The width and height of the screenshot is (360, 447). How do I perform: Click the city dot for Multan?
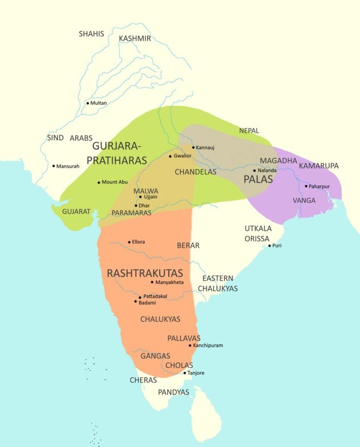click(87, 103)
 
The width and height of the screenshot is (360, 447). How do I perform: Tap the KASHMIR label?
click(135, 38)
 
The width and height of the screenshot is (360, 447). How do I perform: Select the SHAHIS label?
click(91, 34)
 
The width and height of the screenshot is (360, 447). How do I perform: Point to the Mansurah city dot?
click(54, 166)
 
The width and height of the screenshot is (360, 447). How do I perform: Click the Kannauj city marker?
click(193, 148)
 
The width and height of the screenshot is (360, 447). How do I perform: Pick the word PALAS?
click(258, 179)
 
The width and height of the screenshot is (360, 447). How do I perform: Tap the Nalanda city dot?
click(254, 170)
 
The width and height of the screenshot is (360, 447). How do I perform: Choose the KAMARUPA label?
click(319, 166)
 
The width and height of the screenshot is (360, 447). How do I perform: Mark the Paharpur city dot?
click(306, 186)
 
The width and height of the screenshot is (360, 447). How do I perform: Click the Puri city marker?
click(269, 246)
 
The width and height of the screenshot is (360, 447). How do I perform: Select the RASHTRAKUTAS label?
click(145, 273)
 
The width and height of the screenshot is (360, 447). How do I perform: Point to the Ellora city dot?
click(129, 242)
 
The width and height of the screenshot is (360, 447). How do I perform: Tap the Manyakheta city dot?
click(152, 282)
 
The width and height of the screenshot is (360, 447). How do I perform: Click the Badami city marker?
click(135, 302)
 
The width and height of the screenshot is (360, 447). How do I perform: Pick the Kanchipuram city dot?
click(190, 345)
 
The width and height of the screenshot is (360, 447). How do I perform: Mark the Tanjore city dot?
click(185, 373)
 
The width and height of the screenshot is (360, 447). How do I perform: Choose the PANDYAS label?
click(173, 392)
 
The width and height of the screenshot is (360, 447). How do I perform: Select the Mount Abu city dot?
click(99, 182)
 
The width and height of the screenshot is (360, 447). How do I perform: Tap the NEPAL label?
click(249, 131)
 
